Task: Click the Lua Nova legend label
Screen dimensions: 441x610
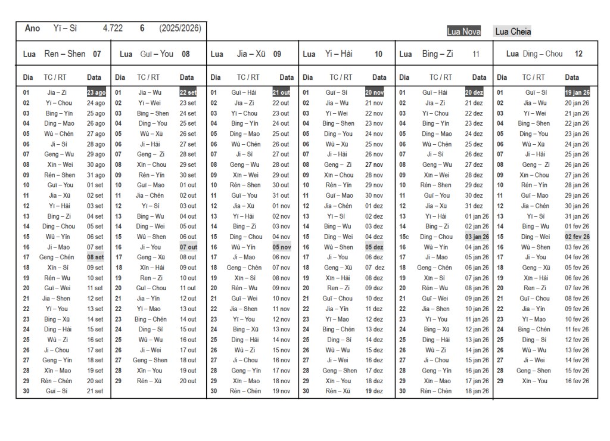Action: pyautogui.click(x=463, y=32)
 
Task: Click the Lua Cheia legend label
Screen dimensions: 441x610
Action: pyautogui.click(x=512, y=32)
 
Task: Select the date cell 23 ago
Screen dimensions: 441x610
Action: pyautogui.click(x=96, y=92)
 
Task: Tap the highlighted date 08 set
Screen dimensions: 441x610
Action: pyautogui.click(x=95, y=257)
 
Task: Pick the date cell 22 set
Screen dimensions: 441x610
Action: pyautogui.click(x=188, y=92)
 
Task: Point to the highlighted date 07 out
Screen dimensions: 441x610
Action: pyautogui.click(x=188, y=247)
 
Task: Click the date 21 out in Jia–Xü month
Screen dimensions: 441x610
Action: pyautogui.click(x=281, y=92)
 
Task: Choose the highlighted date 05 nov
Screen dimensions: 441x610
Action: pyautogui.click(x=281, y=247)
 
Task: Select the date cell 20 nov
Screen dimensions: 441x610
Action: pyautogui.click(x=374, y=92)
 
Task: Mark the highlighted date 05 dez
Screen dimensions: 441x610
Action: pyautogui.click(x=374, y=247)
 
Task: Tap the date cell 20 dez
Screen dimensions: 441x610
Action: pyautogui.click(x=474, y=92)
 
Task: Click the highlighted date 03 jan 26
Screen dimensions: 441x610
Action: pyautogui.click(x=477, y=237)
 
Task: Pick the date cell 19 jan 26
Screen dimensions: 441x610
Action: pyautogui.click(x=577, y=92)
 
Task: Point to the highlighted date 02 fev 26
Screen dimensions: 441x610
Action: pyautogui.click(x=577, y=237)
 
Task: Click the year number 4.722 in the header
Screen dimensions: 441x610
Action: pyautogui.click(x=113, y=28)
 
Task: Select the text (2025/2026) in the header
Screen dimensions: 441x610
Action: pyautogui.click(x=180, y=28)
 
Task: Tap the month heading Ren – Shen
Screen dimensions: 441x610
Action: pyautogui.click(x=65, y=54)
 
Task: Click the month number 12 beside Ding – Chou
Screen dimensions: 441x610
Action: pyautogui.click(x=578, y=54)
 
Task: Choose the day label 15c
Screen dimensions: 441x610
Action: pyautogui.click(x=404, y=237)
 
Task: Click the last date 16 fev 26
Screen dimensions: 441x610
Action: pyautogui.click(x=577, y=381)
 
